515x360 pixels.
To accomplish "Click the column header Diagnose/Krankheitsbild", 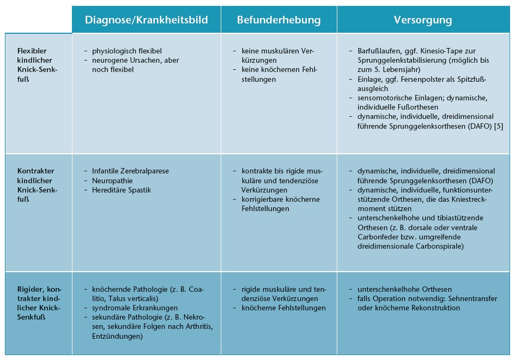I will click(x=146, y=20).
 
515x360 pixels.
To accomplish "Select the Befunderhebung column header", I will click(x=278, y=20).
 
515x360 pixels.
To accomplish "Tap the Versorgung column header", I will click(x=423, y=20).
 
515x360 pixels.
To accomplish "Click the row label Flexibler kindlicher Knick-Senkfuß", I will click(x=37, y=64).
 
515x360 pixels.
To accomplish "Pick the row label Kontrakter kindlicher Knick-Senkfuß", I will click(x=37, y=185).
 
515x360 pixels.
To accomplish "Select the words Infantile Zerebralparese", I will click(x=131, y=171).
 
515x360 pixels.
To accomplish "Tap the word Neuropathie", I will click(x=112, y=180).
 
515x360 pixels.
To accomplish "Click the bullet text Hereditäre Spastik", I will click(x=120, y=190).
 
